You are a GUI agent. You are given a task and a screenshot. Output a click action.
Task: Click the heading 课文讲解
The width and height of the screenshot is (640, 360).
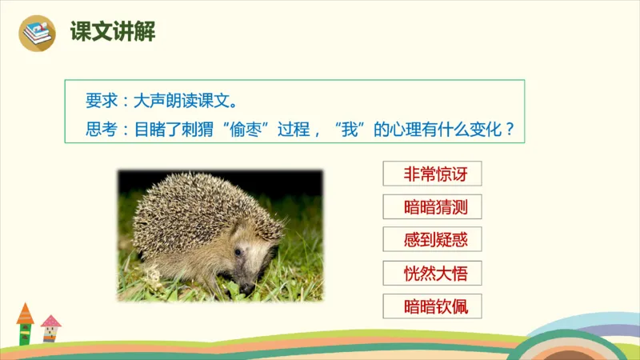coord(112,33)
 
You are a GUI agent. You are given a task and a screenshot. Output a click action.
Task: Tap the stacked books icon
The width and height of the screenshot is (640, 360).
coord(37,33)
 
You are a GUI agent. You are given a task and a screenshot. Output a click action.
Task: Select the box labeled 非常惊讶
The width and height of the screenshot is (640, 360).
coord(433,174)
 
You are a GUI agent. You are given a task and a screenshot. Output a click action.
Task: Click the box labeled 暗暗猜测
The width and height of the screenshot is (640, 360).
coord(433,208)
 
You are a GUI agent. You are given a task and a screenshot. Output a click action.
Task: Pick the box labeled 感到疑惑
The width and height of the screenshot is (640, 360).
coord(433,240)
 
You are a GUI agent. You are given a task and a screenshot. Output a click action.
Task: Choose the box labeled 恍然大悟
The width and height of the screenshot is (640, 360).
coord(433,273)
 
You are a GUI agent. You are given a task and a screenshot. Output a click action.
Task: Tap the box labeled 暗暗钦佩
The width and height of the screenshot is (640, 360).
coord(433,306)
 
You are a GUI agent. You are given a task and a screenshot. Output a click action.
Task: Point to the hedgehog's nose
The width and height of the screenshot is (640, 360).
coord(248,286)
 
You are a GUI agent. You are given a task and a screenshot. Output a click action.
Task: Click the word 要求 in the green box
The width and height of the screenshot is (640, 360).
coord(101,102)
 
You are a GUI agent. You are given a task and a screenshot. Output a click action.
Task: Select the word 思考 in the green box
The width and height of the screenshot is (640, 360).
coord(101,128)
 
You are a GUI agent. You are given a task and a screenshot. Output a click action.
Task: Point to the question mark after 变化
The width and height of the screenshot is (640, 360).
coord(510,128)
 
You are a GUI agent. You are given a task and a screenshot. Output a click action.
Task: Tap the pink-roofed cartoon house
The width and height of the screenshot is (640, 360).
coord(50,327)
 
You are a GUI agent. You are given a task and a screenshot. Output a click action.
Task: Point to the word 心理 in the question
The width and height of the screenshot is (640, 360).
coord(405,128)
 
